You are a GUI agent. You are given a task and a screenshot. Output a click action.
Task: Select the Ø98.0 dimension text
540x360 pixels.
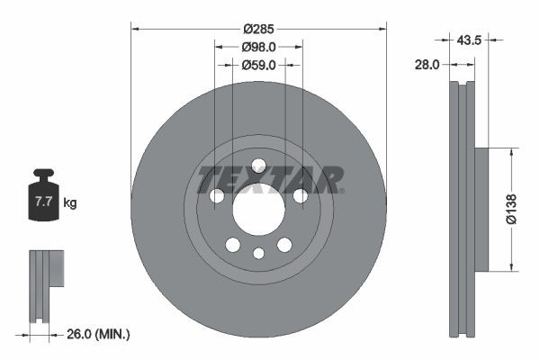258,47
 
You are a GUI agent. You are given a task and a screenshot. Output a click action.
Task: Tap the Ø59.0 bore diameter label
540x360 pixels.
258,65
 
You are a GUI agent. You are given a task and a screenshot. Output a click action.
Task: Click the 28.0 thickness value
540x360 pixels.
427,65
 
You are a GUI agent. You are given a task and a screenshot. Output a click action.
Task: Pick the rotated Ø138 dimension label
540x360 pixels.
511,208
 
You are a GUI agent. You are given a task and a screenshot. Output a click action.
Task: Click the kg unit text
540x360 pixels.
70,203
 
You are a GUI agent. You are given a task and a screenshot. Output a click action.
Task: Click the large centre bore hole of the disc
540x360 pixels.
258,209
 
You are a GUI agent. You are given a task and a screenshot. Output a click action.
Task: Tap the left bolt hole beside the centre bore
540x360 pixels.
217,196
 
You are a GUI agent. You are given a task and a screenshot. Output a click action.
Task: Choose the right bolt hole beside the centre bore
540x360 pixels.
300,196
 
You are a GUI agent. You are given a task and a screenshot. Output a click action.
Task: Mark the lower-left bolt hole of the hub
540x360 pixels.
233,245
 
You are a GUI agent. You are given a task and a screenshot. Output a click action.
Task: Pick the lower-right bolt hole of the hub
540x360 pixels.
284,245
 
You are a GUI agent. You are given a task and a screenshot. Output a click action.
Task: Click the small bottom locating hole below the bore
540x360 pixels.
258,253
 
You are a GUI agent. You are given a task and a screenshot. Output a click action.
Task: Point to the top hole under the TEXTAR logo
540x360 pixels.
258,165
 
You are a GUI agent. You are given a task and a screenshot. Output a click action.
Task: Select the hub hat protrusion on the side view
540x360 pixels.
481,209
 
